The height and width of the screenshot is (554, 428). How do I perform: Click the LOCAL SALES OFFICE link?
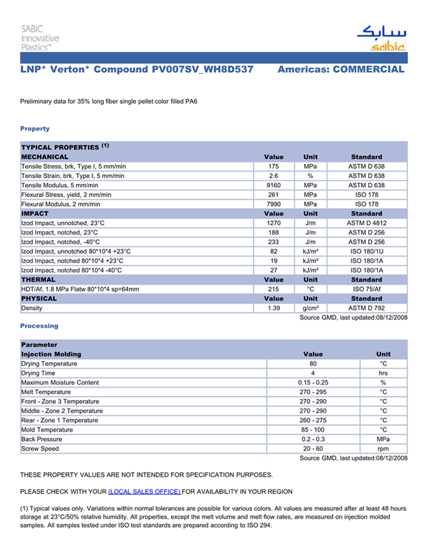click(144, 492)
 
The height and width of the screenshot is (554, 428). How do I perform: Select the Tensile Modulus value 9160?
click(273, 185)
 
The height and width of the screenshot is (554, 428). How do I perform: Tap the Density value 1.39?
click(273, 308)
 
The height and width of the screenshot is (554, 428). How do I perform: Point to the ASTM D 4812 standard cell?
click(366, 223)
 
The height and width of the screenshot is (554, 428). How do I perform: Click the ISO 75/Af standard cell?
click(366, 289)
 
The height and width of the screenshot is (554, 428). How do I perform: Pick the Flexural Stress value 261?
click(273, 194)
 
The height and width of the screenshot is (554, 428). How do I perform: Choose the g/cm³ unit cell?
click(311, 308)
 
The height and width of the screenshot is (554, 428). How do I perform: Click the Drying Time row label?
click(38, 373)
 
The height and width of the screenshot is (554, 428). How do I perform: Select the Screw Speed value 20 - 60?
click(312, 449)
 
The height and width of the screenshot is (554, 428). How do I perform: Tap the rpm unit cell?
click(383, 449)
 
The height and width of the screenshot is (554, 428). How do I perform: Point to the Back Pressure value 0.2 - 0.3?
click(312, 439)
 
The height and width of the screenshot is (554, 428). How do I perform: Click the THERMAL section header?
click(39, 279)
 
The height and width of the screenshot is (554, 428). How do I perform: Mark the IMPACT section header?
click(35, 213)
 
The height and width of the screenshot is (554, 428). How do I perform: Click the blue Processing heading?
click(39, 326)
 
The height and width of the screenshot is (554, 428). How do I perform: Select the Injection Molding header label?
click(51, 354)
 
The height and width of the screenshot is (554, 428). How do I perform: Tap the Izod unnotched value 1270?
click(273, 223)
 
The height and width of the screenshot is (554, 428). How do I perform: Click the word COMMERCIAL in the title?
click(369, 70)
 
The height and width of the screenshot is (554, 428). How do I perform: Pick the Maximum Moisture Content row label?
click(60, 383)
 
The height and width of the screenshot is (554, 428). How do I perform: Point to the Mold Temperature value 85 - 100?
click(312, 430)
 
